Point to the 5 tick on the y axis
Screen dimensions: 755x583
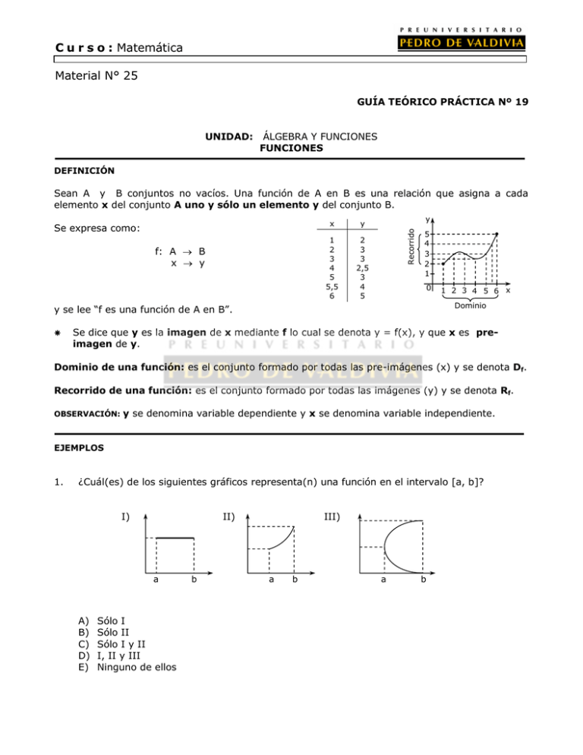click(428, 234)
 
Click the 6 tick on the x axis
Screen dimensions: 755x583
click(495, 292)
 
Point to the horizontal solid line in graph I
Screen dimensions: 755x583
click(175, 538)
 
